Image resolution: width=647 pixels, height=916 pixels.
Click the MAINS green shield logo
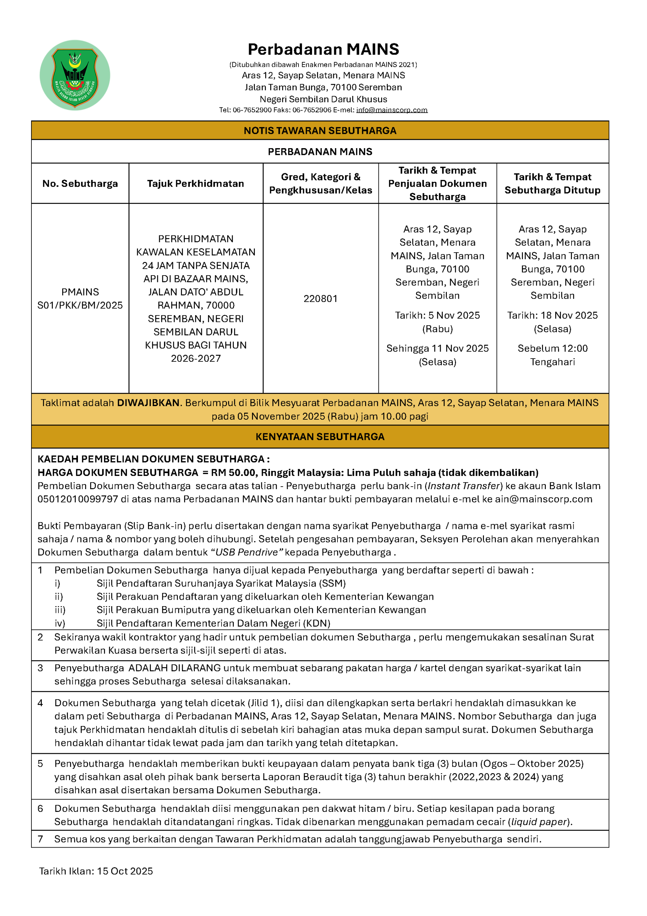point(75,75)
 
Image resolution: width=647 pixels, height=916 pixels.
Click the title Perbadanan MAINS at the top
point(323,49)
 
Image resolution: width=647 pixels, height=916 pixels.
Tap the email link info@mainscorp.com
point(391,110)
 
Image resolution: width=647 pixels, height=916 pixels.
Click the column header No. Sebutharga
point(80,184)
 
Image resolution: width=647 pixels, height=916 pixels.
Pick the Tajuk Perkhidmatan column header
point(195,184)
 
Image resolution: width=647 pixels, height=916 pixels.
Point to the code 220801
point(320,298)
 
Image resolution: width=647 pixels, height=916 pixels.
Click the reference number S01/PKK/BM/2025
point(80,305)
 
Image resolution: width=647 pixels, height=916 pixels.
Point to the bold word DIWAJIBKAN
point(148,403)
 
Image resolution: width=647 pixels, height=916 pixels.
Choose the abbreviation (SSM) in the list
point(332,583)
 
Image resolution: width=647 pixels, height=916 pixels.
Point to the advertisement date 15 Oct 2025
point(124,871)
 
